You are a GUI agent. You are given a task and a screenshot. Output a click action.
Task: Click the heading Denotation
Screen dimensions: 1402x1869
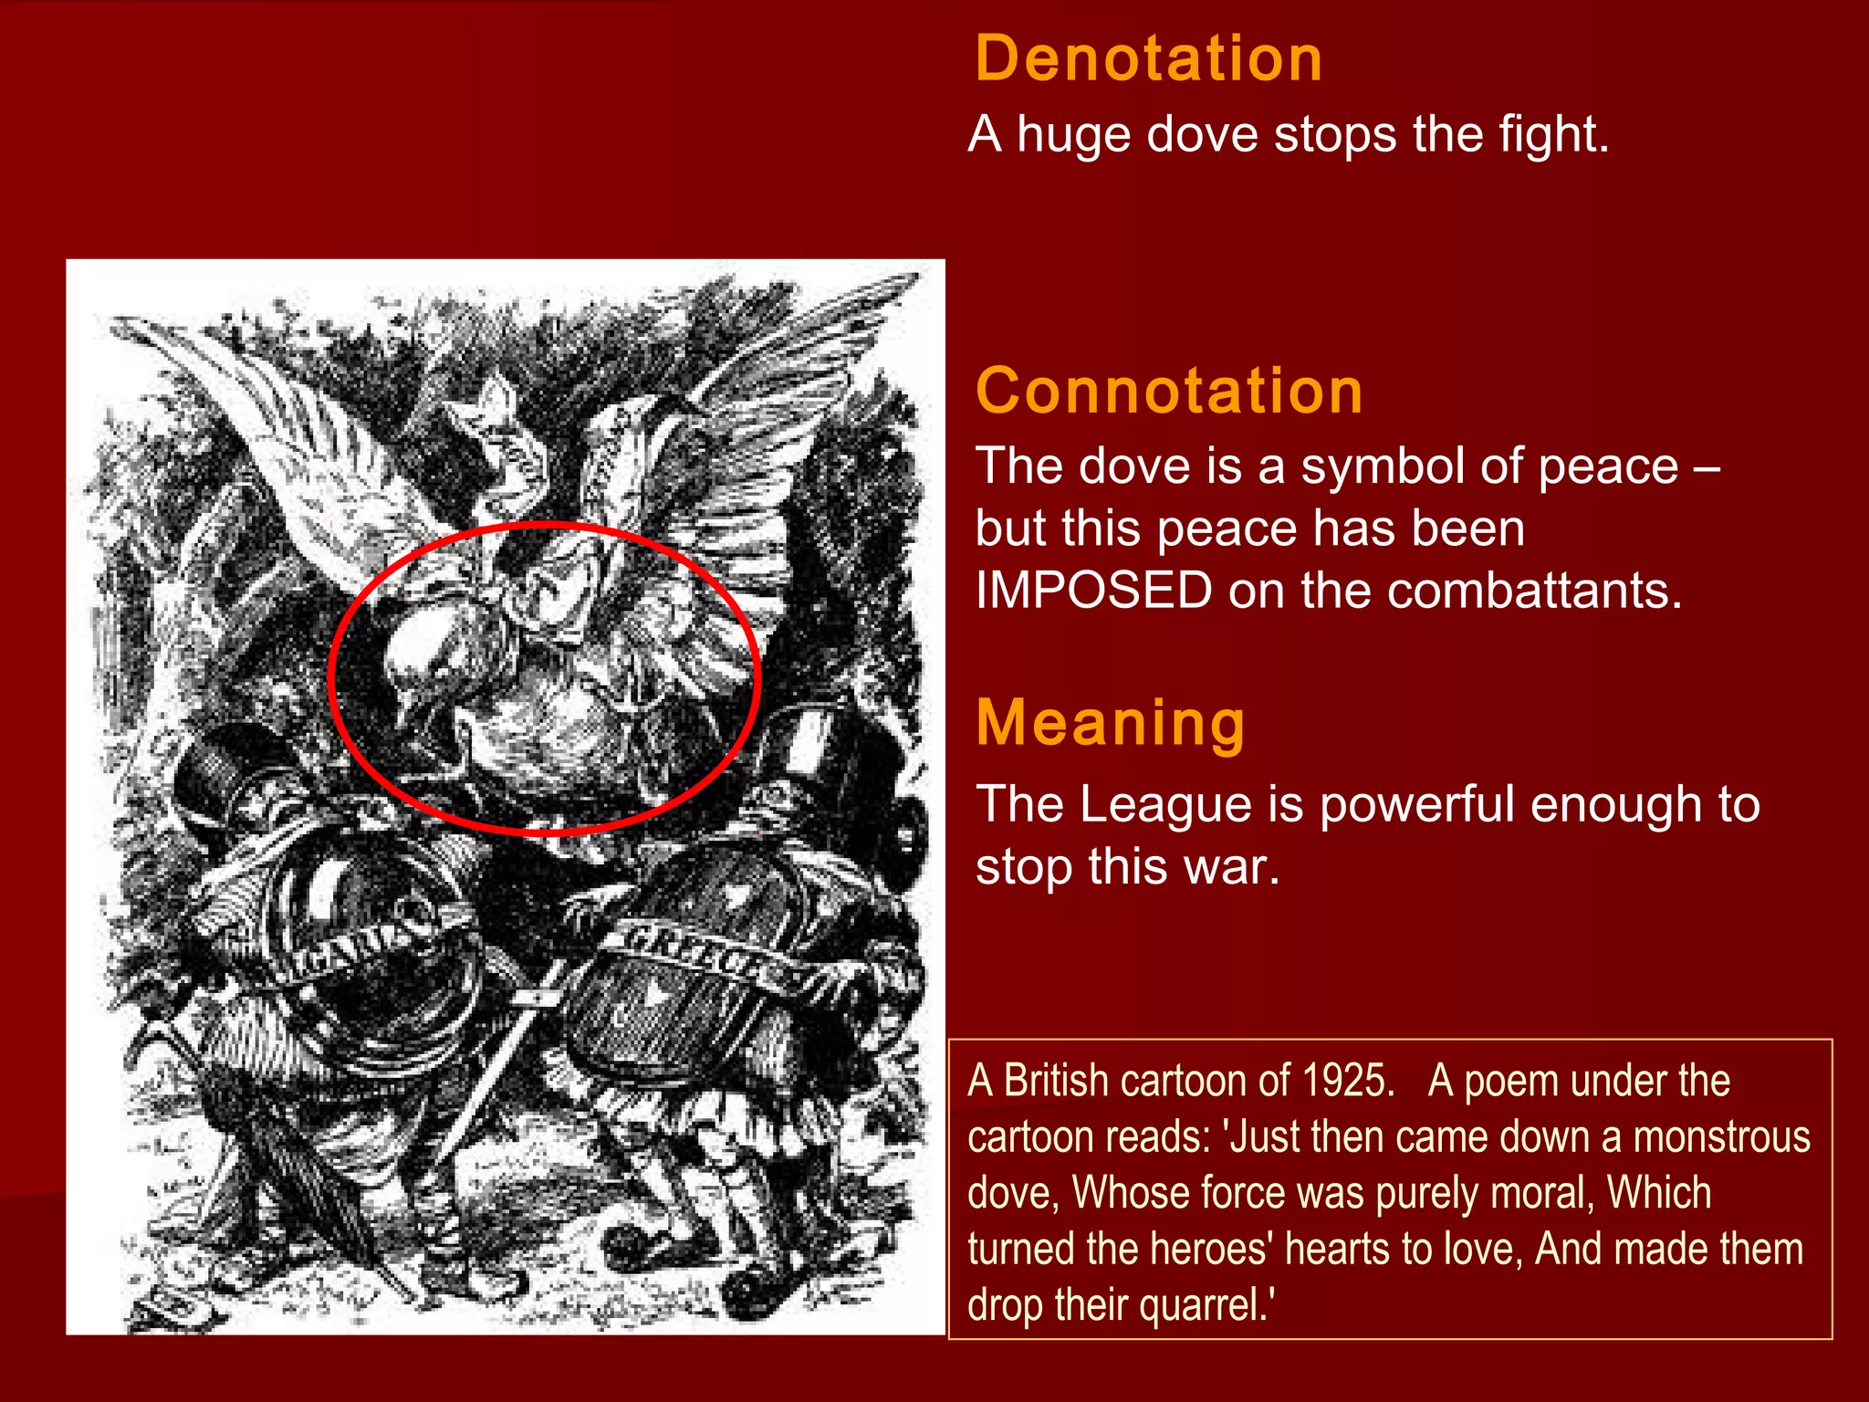pos(1148,58)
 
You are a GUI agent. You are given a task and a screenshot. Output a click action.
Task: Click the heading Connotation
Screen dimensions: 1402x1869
pos(1169,391)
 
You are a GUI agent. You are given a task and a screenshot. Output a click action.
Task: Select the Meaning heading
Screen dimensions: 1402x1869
pos(1110,723)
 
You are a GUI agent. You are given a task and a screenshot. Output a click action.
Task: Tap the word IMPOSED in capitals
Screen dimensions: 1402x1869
pos(1093,591)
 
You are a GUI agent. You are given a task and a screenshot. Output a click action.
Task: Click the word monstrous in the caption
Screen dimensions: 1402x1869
pos(1721,1137)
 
